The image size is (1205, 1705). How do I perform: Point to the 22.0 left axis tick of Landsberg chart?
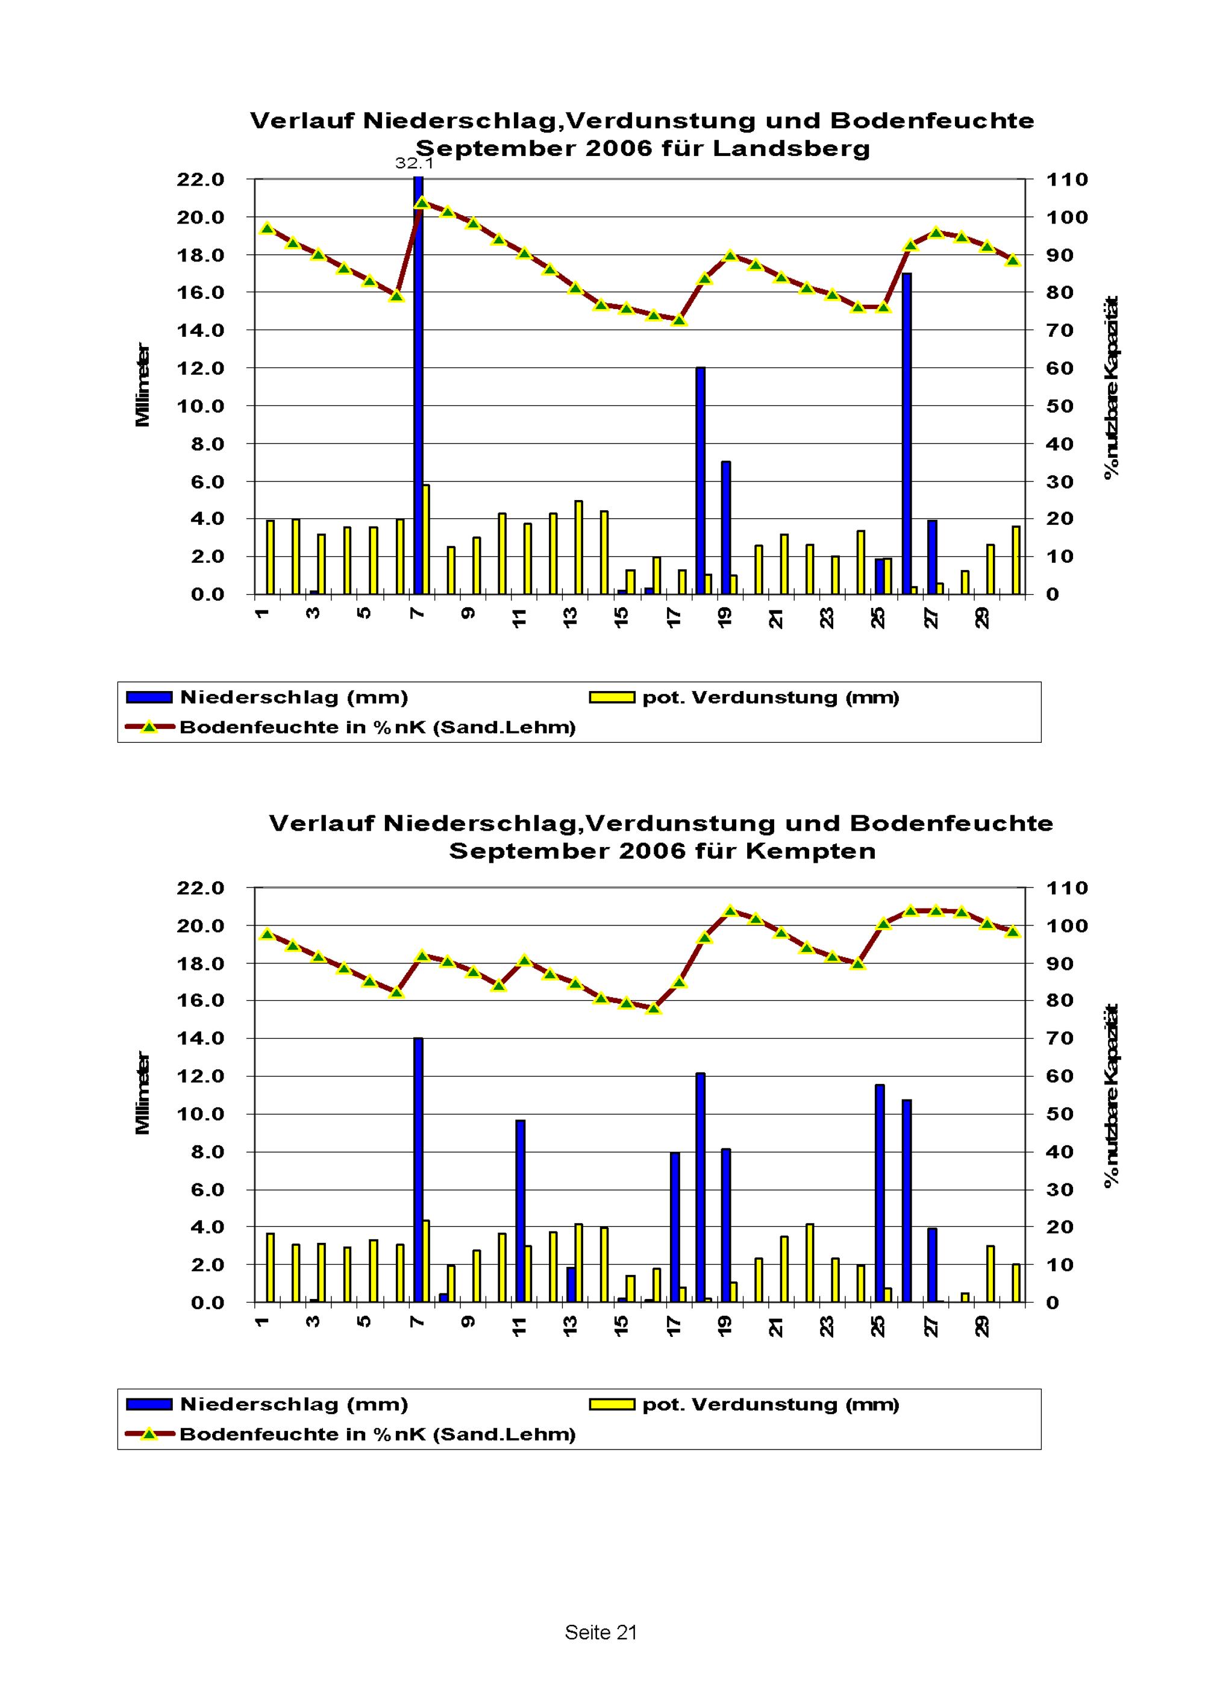[201, 180]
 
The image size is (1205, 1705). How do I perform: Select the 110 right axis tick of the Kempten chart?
[1067, 888]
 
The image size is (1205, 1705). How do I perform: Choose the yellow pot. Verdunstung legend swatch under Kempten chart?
[612, 1404]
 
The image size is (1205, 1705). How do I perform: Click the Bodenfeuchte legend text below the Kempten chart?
[377, 1434]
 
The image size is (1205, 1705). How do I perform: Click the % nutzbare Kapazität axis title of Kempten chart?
[1112, 1095]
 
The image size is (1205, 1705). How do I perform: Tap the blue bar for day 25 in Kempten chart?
[880, 1193]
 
